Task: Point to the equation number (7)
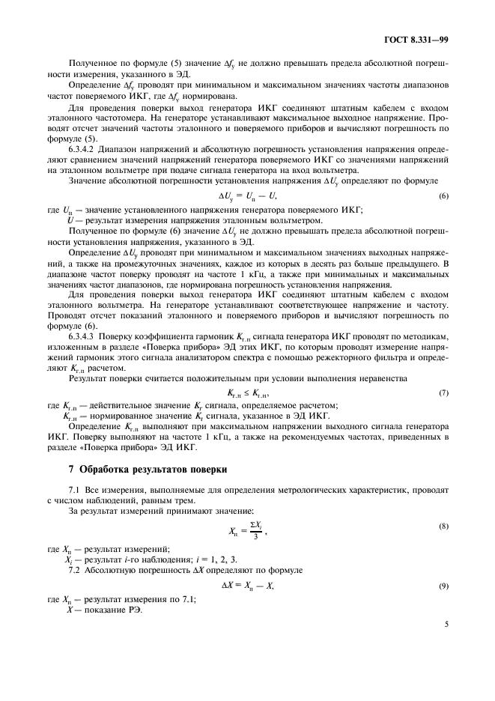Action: point(443,393)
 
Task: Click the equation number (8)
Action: point(443,527)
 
